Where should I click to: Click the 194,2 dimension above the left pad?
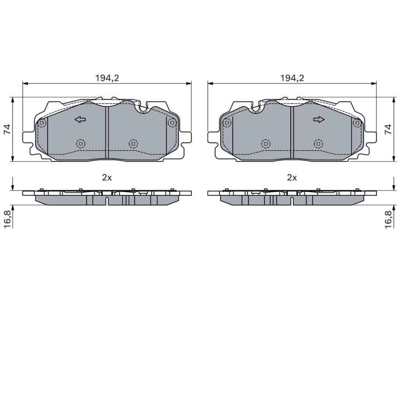click(x=107, y=78)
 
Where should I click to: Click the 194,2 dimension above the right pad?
click(x=292, y=78)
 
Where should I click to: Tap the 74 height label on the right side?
click(x=388, y=129)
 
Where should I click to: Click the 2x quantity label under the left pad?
click(x=107, y=177)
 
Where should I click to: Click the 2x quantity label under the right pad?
click(x=292, y=177)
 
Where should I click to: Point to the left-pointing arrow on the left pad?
click(x=80, y=119)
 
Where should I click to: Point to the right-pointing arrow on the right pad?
click(x=319, y=119)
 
